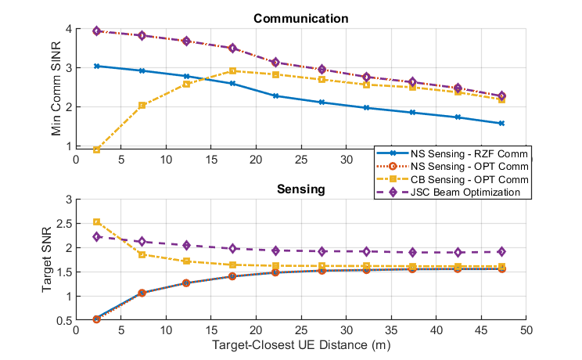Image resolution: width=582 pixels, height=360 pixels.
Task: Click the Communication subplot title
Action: pyautogui.click(x=301, y=19)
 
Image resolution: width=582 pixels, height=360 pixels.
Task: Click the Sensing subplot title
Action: pyautogui.click(x=301, y=189)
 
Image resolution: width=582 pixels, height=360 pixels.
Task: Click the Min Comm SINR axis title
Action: pyautogui.click(x=56, y=87)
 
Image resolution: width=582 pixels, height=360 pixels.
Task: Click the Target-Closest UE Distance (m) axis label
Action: pyautogui.click(x=301, y=342)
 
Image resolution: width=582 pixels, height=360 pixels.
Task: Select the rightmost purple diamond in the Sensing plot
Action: pyautogui.click(x=501, y=252)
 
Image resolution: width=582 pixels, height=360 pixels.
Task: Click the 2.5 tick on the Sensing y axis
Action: pyautogui.click(x=66, y=223)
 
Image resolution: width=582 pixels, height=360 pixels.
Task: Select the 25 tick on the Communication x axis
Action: pyautogui.click(x=301, y=157)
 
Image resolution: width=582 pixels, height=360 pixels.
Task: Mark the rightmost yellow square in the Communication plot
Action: pyautogui.click(x=501, y=99)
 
